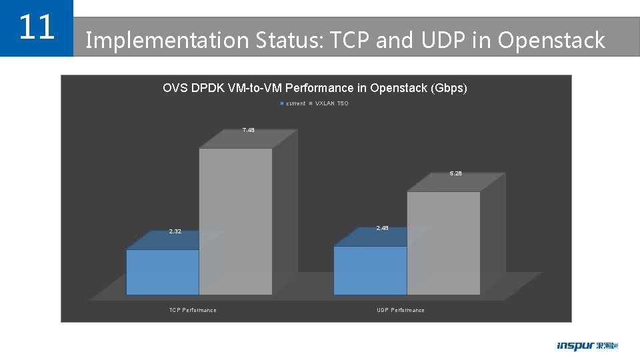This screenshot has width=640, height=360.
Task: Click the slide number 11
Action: point(36,27)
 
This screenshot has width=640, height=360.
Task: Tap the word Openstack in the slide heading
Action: point(551,41)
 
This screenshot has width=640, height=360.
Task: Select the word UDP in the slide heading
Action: point(446,41)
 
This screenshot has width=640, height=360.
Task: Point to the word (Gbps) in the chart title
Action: point(447,88)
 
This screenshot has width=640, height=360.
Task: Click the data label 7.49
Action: point(248,130)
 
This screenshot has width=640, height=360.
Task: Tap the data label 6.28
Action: point(455,173)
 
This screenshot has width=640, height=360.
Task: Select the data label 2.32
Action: point(175,231)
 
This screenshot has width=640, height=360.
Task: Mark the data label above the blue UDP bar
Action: point(382,228)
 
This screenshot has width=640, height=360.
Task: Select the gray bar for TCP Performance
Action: point(235,220)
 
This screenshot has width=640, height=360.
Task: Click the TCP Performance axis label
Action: point(193,310)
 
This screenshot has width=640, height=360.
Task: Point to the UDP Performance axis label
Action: point(400,310)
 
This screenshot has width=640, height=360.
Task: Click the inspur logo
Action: point(587,346)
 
